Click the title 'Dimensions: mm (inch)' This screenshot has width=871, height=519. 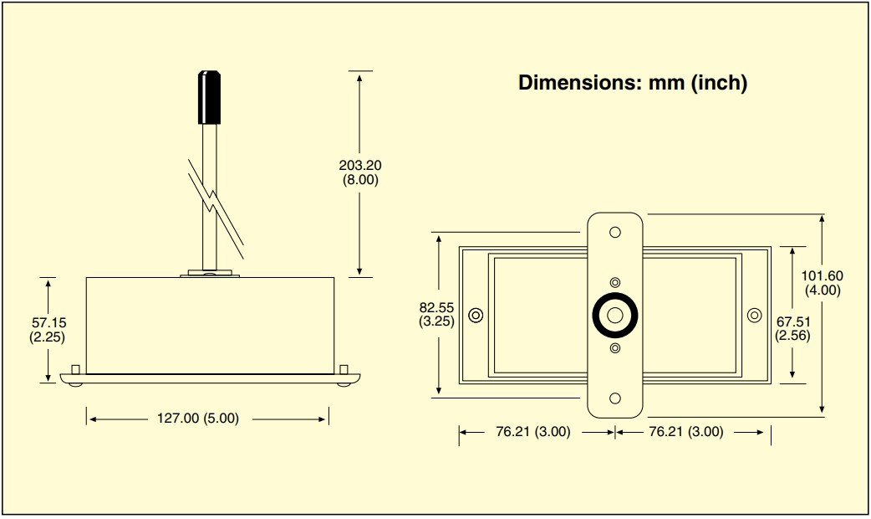click(632, 83)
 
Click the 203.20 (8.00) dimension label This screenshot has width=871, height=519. click(360, 172)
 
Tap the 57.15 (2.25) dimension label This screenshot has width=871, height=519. click(47, 329)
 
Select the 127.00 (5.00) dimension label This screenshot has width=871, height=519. click(199, 418)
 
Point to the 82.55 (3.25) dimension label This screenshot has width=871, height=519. click(437, 314)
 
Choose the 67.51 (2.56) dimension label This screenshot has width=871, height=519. click(793, 327)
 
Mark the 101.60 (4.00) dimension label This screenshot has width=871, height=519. click(822, 283)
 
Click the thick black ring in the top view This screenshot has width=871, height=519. click(615, 316)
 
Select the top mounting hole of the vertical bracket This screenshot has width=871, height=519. click(615, 232)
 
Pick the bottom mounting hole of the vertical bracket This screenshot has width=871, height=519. click(615, 398)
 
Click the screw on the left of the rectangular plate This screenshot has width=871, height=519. click(476, 316)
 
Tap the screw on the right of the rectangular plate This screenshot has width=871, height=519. click(754, 316)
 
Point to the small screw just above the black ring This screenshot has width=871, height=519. click(615, 283)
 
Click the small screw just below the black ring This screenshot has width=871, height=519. click(615, 347)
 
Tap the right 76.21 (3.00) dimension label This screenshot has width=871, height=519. click(685, 432)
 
